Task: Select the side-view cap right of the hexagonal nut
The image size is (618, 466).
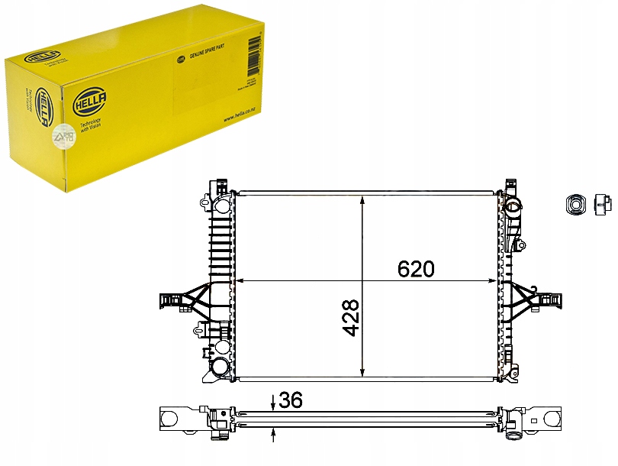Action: (x=603, y=203)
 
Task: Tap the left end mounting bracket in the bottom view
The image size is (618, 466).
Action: (x=172, y=419)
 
